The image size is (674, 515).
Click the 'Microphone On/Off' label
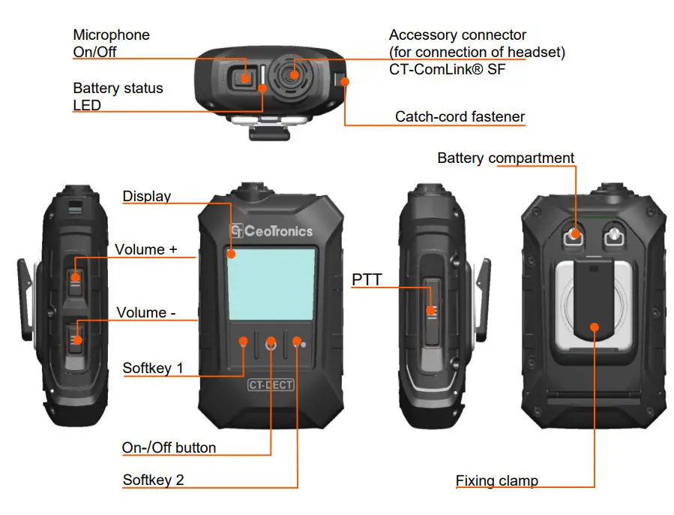[111, 44]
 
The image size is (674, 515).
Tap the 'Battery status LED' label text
[118, 97]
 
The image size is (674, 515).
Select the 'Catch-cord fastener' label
[460, 116]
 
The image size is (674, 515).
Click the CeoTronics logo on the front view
[271, 231]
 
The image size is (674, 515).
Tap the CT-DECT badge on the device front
[271, 385]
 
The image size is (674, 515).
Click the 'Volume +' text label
[145, 249]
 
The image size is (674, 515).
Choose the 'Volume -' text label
[145, 312]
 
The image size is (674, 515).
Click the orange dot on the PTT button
[431, 311]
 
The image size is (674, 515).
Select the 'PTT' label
[367, 280]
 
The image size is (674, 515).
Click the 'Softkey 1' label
[152, 369]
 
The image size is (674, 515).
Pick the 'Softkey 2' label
[153, 479]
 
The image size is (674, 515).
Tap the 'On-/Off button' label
[169, 447]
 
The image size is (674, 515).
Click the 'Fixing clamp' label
[496, 480]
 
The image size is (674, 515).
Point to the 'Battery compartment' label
[505, 158]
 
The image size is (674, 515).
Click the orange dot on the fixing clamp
[594, 327]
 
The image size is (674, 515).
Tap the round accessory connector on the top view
[295, 74]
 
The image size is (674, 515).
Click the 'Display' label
[146, 196]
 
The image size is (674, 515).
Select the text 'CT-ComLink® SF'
[457, 69]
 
